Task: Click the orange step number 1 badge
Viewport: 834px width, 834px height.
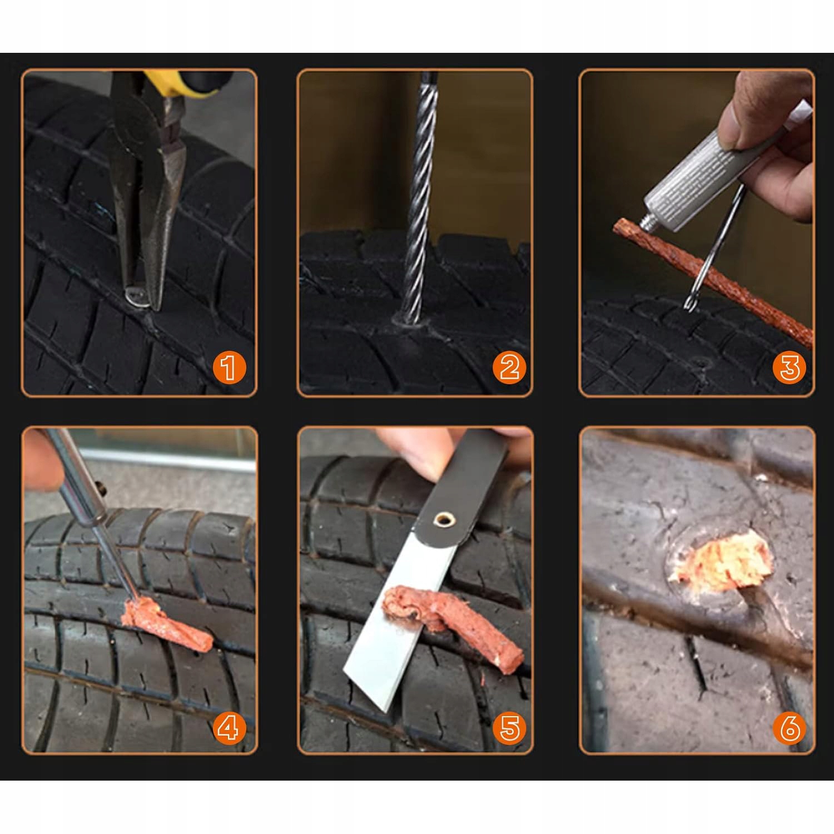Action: [229, 368]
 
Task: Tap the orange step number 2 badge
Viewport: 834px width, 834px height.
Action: [509, 368]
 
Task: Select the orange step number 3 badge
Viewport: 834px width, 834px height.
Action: [790, 368]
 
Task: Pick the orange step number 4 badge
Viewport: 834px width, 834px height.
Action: [229, 727]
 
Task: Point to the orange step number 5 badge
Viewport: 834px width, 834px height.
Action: [509, 727]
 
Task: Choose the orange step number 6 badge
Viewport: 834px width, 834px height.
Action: [790, 727]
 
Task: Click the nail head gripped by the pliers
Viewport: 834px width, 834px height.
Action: [136, 297]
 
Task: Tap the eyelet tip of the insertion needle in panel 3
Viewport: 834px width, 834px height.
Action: [691, 303]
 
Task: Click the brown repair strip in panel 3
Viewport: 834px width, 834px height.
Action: [712, 281]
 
